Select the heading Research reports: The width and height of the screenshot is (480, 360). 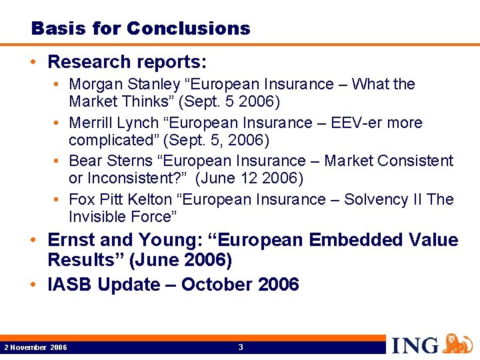[x=127, y=62]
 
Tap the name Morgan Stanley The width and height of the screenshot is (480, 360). [x=124, y=85]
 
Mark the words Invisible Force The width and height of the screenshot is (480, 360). [x=122, y=217]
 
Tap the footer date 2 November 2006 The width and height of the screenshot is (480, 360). [x=35, y=347]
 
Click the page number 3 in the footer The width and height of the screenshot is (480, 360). [x=241, y=347]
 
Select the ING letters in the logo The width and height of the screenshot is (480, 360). [x=415, y=345]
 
